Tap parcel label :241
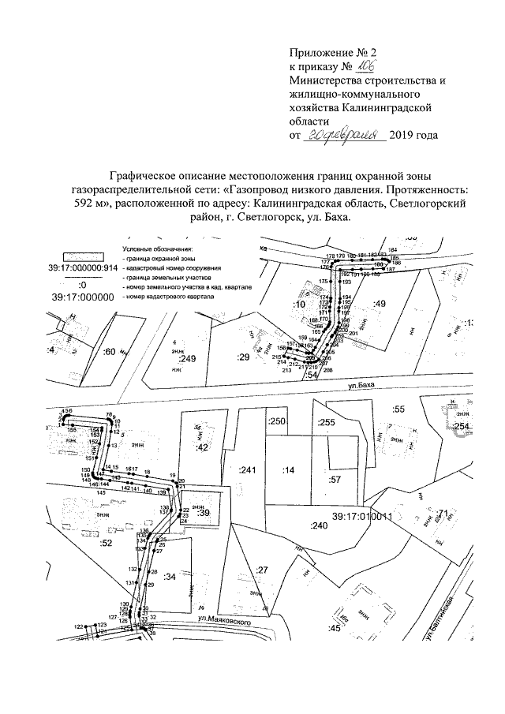tap(248, 470)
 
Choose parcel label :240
tap(318, 525)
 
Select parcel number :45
tap(334, 628)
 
